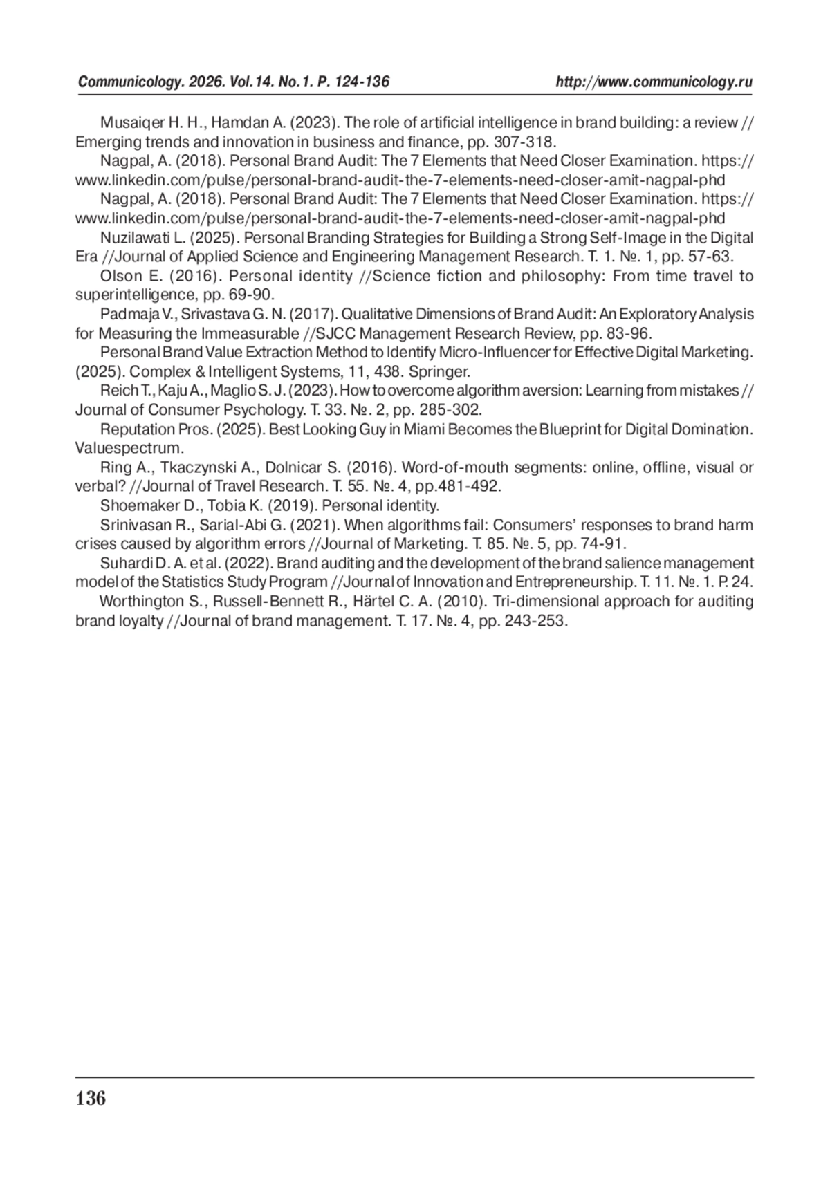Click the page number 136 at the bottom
pyautogui.click(x=91, y=1099)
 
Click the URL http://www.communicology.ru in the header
pyautogui.click(x=654, y=82)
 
